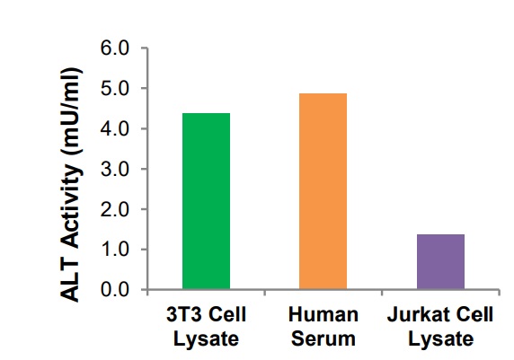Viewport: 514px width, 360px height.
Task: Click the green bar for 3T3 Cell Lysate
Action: pos(206,201)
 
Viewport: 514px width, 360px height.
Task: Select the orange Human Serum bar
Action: pos(323,191)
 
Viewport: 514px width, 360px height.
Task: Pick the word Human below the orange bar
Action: pos(323,315)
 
